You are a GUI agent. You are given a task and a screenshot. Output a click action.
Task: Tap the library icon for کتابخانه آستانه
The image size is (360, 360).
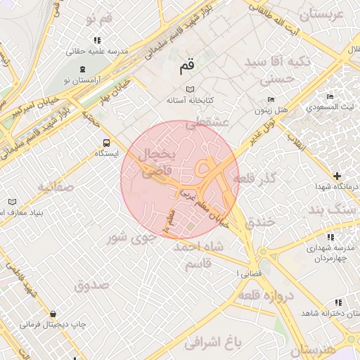click(189, 89)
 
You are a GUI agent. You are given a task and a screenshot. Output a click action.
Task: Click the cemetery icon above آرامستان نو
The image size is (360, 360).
click(84, 69)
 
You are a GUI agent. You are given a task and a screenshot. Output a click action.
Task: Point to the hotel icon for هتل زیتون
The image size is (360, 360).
click(268, 100)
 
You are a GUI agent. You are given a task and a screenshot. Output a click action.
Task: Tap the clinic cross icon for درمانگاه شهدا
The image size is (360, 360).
click(337, 175)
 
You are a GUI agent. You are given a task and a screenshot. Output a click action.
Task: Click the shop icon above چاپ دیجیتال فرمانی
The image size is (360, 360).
click(53, 313)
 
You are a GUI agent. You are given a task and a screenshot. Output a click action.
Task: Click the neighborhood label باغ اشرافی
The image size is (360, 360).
click(213, 342)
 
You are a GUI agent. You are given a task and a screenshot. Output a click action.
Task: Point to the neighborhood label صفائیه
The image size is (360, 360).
click(56, 187)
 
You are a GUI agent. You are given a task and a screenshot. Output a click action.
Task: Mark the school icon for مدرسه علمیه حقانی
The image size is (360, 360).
click(97, 40)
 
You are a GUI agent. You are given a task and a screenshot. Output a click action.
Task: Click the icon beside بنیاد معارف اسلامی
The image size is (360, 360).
click(12, 202)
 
